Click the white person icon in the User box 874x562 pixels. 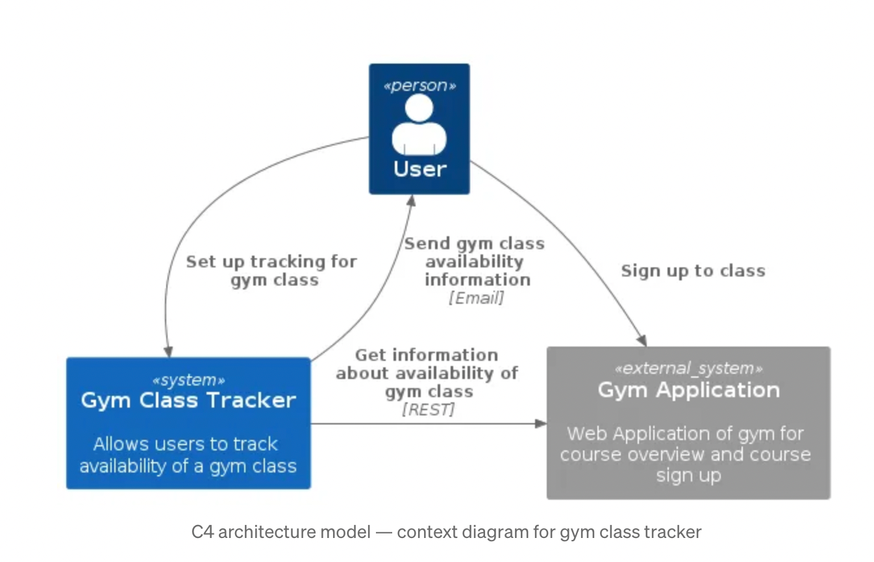coord(419,125)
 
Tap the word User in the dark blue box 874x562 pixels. coord(419,169)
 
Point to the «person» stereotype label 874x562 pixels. coord(419,86)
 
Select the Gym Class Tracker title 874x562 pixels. coord(188,400)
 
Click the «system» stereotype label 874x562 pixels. coord(188,380)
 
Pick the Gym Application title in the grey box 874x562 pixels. coord(688,390)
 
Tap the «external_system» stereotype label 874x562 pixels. coord(688,369)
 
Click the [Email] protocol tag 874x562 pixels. coord(476,298)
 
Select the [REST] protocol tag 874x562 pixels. coord(429,409)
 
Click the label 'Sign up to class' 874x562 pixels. coord(693,271)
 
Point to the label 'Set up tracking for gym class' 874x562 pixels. coord(271,271)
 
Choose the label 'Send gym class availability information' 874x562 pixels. coord(475,262)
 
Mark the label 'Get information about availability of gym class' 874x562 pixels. coord(427,373)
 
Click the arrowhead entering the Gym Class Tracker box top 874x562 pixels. coord(168,351)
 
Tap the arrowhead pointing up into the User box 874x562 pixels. coord(411,201)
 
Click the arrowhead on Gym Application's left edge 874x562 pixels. coord(540,424)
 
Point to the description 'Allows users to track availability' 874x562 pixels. coord(188,455)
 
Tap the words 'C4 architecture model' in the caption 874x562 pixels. coord(281,533)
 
